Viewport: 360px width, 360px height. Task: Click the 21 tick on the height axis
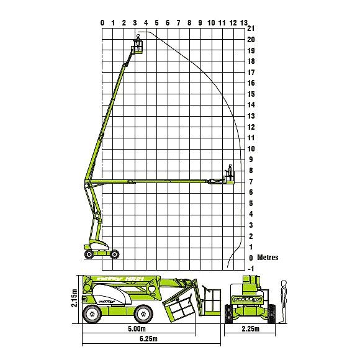(251, 29)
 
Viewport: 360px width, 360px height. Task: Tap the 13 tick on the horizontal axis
(244, 23)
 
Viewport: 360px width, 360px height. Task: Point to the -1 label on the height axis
(251, 269)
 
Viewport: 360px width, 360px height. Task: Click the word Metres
(268, 258)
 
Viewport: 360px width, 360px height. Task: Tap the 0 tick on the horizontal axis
(102, 23)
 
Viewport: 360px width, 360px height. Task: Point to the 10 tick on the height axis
(251, 149)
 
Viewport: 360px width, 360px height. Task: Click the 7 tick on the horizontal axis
(179, 23)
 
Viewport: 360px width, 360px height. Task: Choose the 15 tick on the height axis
(251, 94)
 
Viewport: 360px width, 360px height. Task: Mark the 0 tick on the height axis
(250, 258)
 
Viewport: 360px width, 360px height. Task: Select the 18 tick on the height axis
(251, 61)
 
